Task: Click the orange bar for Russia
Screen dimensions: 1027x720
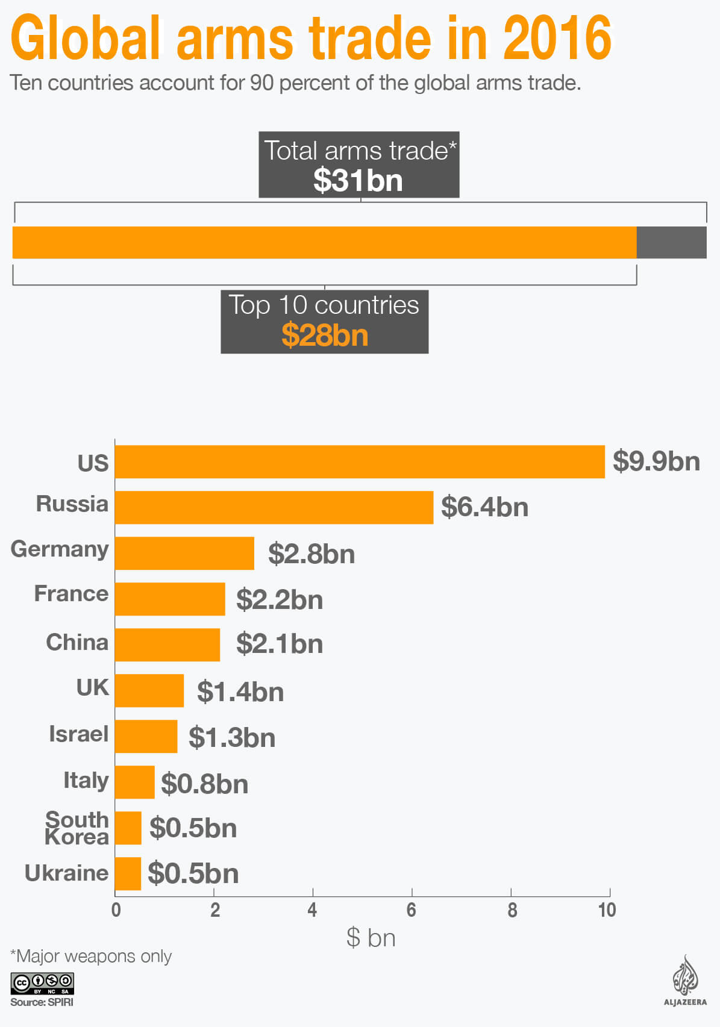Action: click(x=274, y=507)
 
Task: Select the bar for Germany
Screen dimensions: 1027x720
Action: click(x=184, y=553)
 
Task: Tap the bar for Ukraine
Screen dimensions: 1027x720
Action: click(x=128, y=873)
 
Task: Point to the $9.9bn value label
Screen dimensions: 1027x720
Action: click(x=656, y=461)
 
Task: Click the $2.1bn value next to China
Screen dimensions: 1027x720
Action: click(x=280, y=644)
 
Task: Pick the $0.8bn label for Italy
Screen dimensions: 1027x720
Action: click(x=205, y=784)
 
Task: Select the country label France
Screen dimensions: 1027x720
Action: click(x=71, y=594)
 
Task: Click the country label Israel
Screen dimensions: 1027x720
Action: click(x=78, y=734)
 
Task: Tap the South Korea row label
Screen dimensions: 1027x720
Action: click(x=77, y=828)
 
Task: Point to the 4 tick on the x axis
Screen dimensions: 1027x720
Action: click(x=312, y=910)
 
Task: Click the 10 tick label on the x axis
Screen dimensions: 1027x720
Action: click(x=607, y=910)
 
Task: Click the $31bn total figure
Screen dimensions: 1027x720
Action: click(x=358, y=180)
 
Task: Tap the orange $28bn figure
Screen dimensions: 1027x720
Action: click(x=325, y=335)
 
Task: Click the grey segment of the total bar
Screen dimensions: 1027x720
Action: click(x=671, y=243)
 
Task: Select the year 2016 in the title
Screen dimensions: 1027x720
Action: click(x=557, y=39)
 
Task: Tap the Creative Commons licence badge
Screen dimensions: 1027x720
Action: click(x=42, y=983)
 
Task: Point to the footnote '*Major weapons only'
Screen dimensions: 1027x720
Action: click(x=91, y=957)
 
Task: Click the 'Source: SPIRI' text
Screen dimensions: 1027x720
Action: click(x=42, y=1002)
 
